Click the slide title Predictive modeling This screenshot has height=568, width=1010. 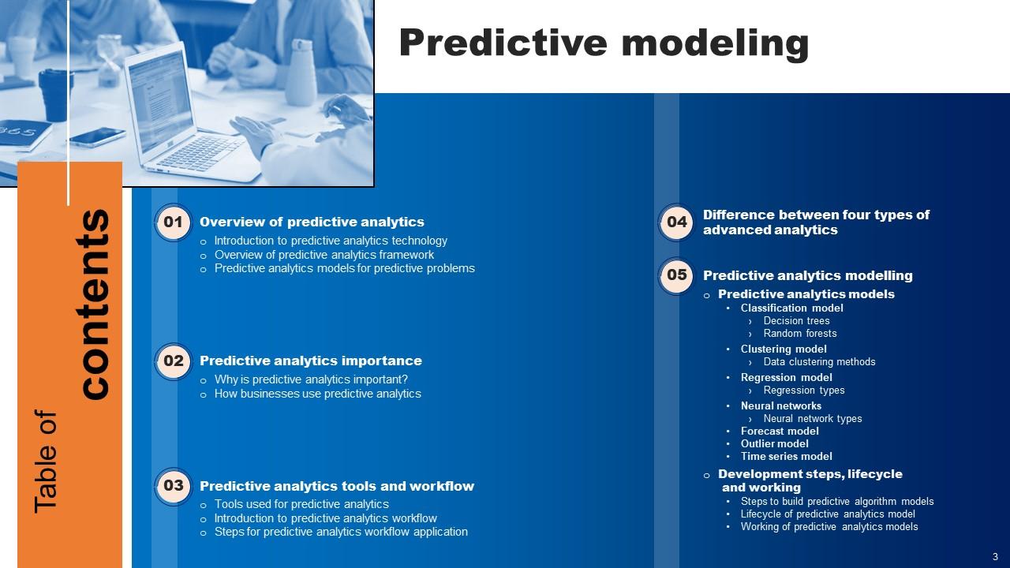point(604,43)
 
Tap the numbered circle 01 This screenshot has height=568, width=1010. point(173,222)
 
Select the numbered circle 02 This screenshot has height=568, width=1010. point(173,361)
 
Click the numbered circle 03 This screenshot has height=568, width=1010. point(173,485)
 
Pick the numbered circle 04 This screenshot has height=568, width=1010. point(676,222)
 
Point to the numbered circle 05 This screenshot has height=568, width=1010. point(676,275)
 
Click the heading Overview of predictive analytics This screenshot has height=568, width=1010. point(312,222)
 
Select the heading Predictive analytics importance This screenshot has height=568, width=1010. point(311,361)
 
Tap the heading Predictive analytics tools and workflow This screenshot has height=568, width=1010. point(337,486)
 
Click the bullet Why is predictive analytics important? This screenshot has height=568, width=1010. point(311,379)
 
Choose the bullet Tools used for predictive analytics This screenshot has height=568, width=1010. point(301,504)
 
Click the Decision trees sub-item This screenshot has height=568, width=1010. point(796,321)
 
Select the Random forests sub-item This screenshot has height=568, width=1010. point(800,334)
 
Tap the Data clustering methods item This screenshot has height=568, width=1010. point(819,362)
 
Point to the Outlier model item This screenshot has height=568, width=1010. point(774,444)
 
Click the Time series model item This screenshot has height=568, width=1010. point(786,457)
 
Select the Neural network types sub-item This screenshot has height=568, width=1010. point(813,419)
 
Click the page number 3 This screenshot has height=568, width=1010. point(995,555)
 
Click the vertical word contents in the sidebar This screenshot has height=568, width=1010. point(96,304)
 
